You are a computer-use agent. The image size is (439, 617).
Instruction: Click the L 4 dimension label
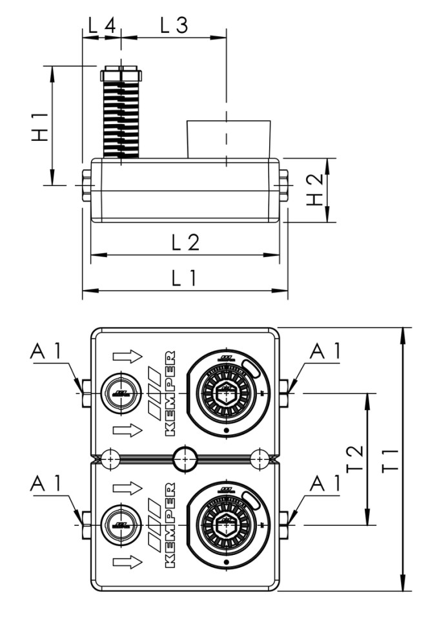click(101, 26)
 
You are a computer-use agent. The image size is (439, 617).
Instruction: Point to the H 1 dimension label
click(40, 126)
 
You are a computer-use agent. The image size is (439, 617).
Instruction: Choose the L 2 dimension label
click(185, 242)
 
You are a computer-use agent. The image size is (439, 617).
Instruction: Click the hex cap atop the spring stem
click(121, 73)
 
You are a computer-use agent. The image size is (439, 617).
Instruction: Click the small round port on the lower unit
click(119, 525)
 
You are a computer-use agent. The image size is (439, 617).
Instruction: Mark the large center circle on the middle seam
click(185, 458)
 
